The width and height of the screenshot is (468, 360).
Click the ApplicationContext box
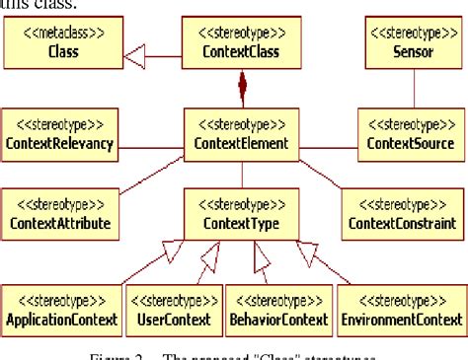(x=62, y=309)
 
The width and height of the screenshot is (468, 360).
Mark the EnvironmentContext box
(x=400, y=309)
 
